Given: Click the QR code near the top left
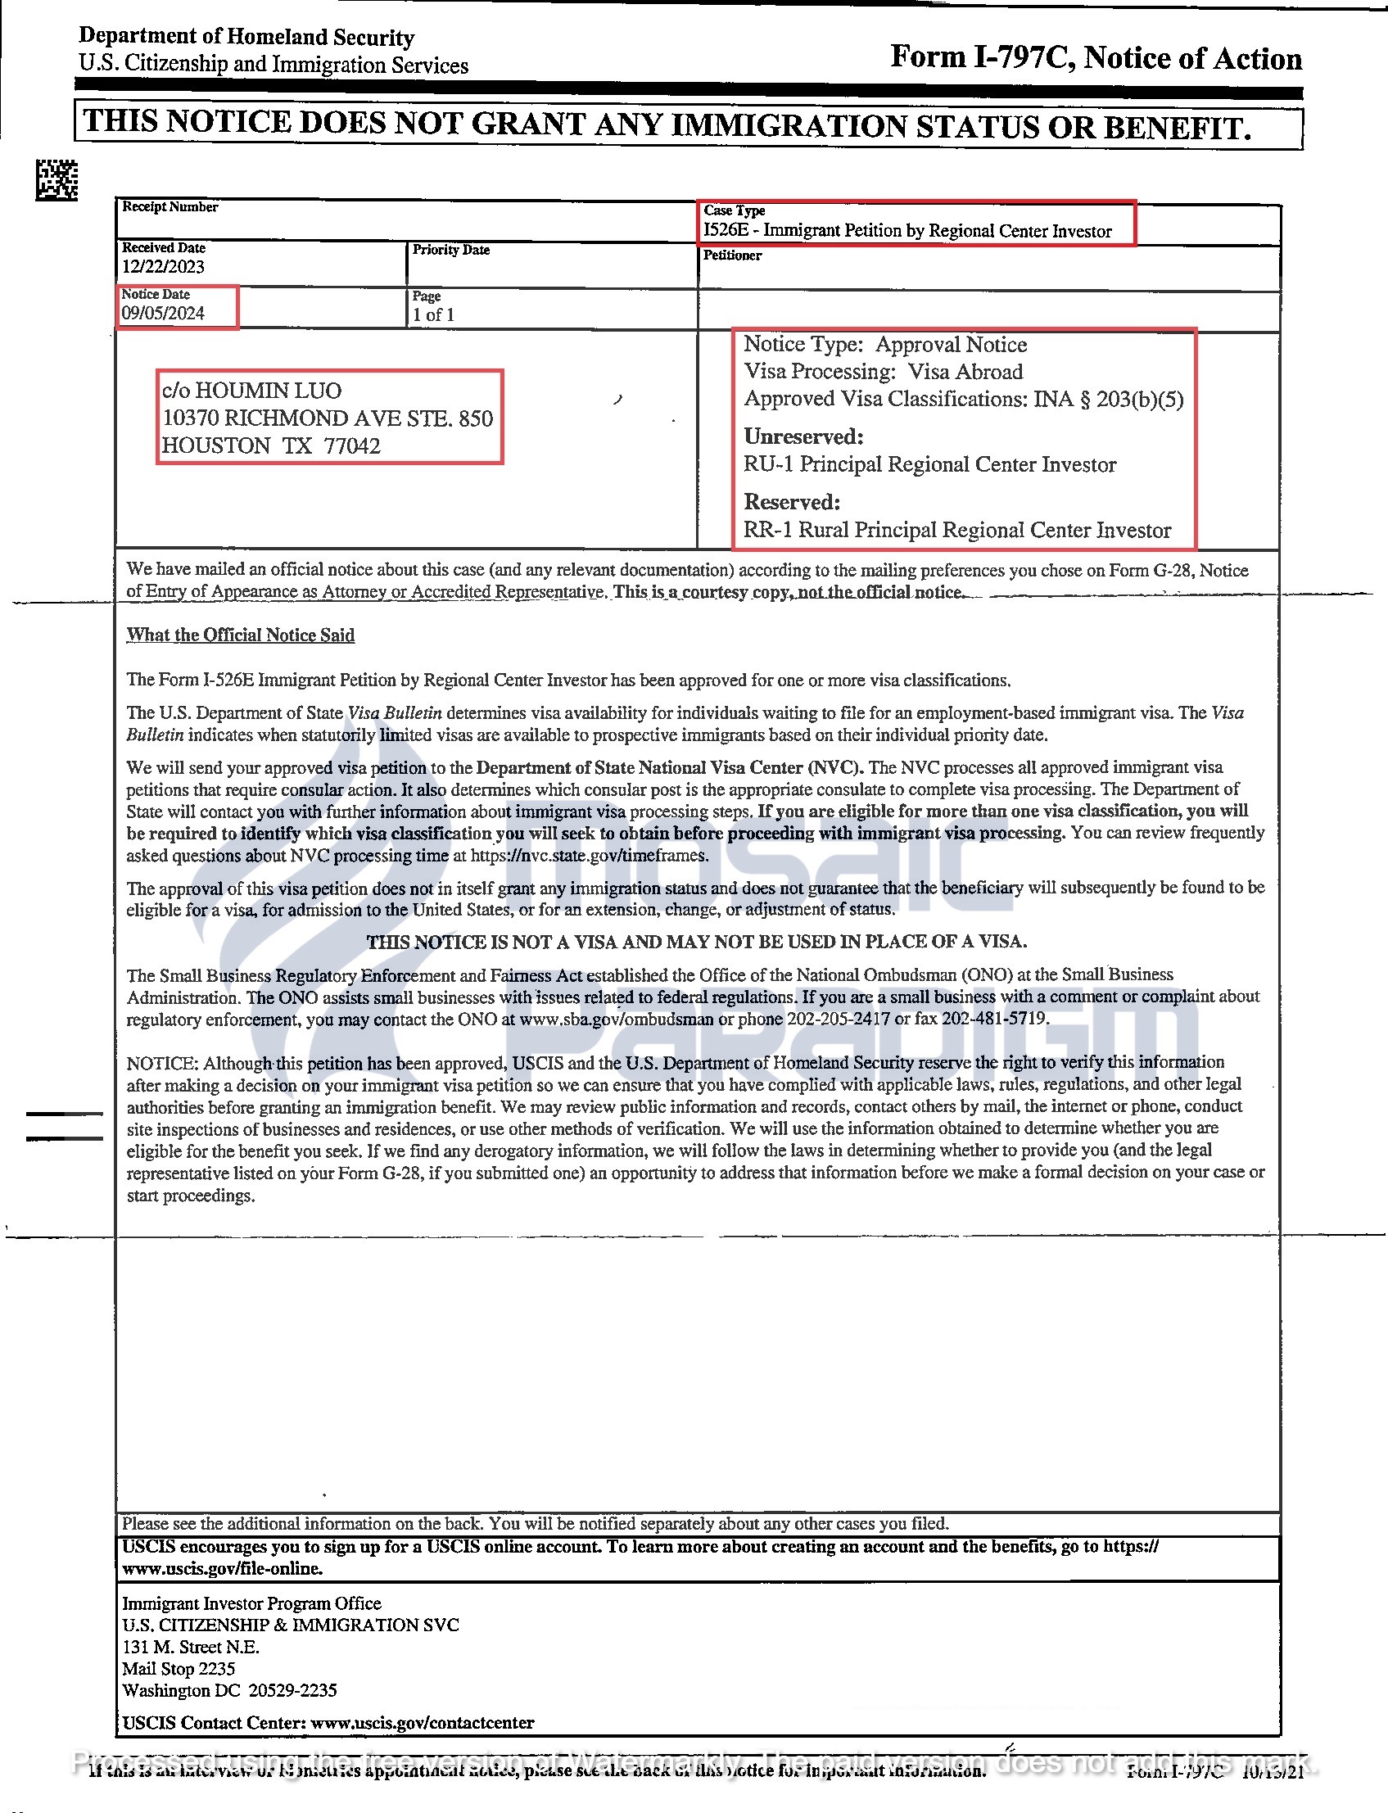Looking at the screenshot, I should click(x=57, y=179).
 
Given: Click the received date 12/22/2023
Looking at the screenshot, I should click(x=163, y=266).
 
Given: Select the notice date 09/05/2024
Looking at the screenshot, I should click(x=163, y=313).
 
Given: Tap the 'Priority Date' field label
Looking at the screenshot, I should click(x=451, y=250).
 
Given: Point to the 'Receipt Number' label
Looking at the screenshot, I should click(x=170, y=206).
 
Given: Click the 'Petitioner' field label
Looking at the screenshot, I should click(x=732, y=255).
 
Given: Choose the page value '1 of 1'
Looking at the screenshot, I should click(x=434, y=314).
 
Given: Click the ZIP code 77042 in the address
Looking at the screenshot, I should click(x=352, y=446).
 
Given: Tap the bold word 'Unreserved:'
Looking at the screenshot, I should click(x=803, y=436).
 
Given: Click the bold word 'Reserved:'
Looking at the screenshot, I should click(x=792, y=502).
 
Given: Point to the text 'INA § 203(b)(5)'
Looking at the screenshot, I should click(x=1109, y=400).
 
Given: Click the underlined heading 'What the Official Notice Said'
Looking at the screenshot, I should click(x=241, y=635).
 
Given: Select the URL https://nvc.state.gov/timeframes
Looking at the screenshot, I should click(x=589, y=856).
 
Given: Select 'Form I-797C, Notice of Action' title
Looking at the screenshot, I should click(x=1096, y=58).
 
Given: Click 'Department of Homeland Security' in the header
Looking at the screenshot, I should click(x=246, y=37).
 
